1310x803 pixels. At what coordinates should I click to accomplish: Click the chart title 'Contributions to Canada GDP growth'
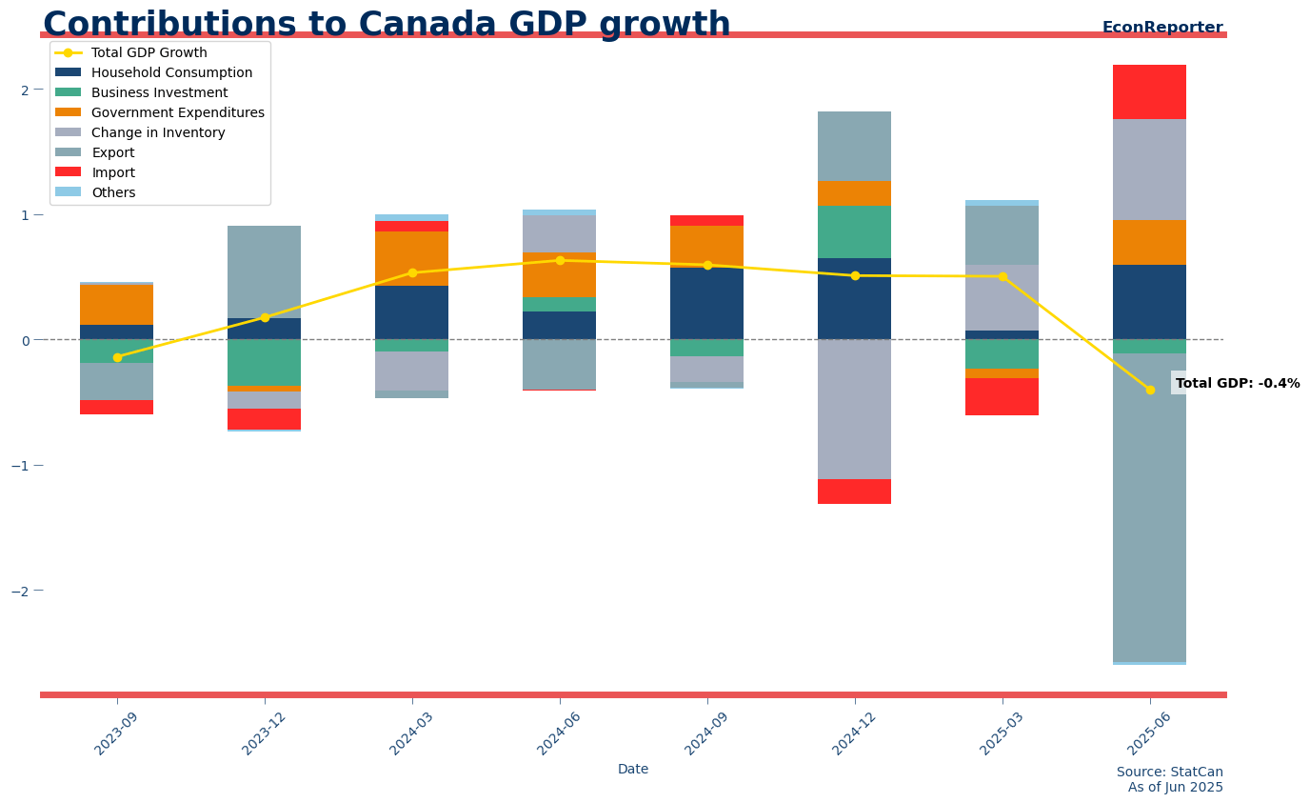click(x=387, y=25)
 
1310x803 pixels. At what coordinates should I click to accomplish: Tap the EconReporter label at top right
click(x=1161, y=28)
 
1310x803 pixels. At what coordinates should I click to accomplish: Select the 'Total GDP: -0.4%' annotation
click(x=1237, y=384)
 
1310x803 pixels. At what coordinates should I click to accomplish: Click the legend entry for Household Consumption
click(x=171, y=73)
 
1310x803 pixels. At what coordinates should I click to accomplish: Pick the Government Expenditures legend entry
click(x=177, y=113)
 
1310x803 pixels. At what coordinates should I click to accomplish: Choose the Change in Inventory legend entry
click(x=158, y=133)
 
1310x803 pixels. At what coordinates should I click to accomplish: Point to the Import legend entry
click(x=112, y=173)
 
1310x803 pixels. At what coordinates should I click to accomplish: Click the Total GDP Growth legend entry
click(x=149, y=53)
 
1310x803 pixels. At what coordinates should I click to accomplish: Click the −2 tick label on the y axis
click(x=19, y=591)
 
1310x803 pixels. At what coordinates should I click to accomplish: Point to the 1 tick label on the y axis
click(x=25, y=215)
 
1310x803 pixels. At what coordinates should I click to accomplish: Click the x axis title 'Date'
click(x=633, y=770)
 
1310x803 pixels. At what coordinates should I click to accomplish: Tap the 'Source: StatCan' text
click(x=1169, y=773)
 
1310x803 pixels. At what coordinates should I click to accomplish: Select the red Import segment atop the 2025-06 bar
click(x=1149, y=92)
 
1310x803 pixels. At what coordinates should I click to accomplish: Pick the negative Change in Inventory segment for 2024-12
click(x=854, y=410)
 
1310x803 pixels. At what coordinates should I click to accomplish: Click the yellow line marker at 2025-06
click(x=1149, y=390)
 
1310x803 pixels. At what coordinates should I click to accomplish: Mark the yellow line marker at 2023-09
click(x=117, y=357)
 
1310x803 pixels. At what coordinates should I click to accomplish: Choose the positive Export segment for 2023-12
click(x=265, y=271)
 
